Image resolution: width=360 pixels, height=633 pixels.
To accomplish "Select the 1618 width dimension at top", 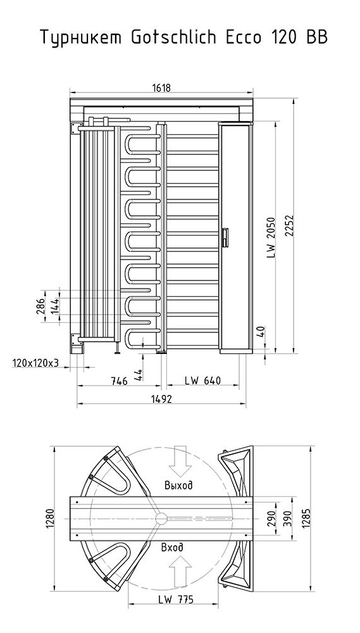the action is tap(161, 88).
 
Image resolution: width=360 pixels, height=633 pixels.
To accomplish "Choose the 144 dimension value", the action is tap(55, 306).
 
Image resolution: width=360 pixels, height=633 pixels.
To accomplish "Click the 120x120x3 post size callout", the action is tap(35, 363).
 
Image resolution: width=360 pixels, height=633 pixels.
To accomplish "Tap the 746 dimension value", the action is tap(120, 380).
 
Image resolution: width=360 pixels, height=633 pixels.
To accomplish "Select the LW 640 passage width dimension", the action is tap(202, 380).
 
